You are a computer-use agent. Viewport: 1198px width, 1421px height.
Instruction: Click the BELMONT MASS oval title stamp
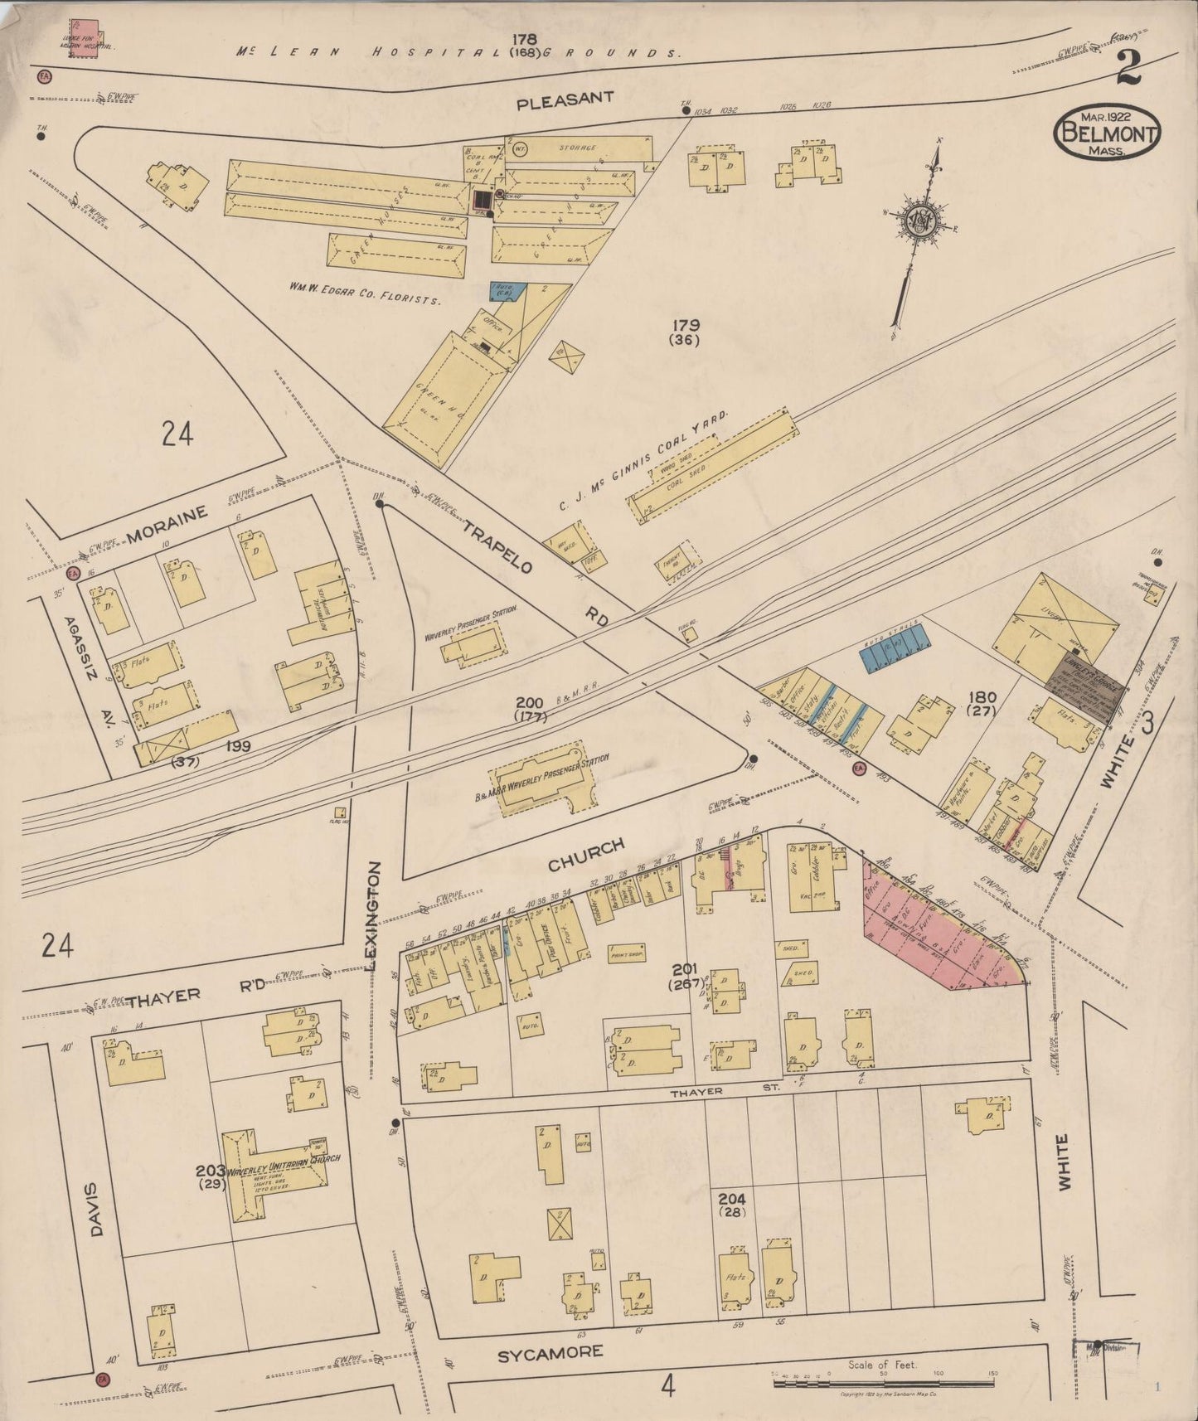(x=1108, y=133)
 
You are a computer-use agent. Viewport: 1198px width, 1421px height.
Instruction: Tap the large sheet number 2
(x=1129, y=69)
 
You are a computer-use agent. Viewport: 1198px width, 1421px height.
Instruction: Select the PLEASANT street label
(x=565, y=101)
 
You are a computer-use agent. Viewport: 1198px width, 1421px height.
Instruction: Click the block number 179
(x=686, y=325)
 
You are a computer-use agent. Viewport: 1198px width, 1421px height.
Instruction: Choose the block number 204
(x=732, y=1199)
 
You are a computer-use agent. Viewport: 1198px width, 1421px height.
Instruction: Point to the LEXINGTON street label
(x=374, y=915)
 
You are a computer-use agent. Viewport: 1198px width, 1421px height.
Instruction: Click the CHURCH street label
(x=585, y=856)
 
